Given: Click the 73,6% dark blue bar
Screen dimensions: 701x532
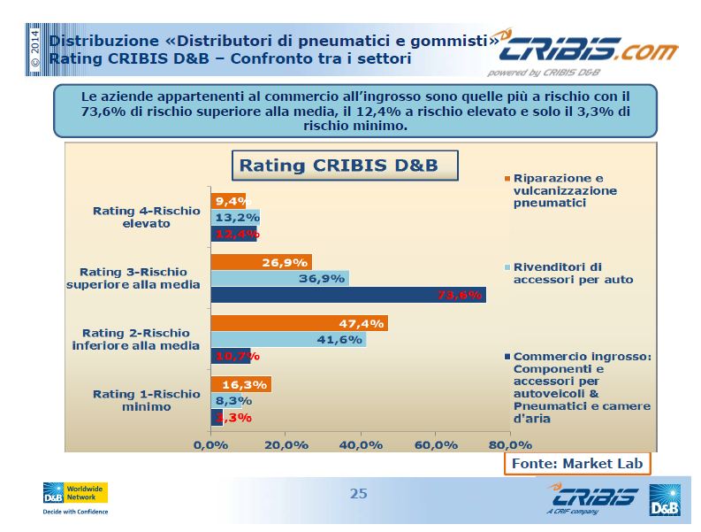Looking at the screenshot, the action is (x=348, y=295).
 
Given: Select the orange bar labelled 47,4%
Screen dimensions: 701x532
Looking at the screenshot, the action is (x=299, y=323).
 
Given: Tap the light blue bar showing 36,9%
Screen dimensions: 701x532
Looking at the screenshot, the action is (x=280, y=279).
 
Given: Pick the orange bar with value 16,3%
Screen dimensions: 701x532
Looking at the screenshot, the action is (x=241, y=384).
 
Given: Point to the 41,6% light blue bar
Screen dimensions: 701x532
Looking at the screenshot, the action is (x=288, y=339).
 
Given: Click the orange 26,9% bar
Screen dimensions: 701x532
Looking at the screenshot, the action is (x=261, y=262).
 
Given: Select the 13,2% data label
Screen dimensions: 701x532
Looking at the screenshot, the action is (x=238, y=218).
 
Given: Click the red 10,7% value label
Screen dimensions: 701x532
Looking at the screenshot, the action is (x=238, y=357).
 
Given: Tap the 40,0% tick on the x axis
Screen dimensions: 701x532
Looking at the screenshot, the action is (x=361, y=445).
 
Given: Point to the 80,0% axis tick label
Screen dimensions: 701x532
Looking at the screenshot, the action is (x=510, y=445).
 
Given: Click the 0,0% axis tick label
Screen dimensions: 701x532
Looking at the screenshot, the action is (x=210, y=445).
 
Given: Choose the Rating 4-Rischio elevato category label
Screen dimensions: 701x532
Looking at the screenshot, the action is (x=147, y=217).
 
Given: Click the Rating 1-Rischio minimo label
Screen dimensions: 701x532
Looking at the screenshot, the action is (x=147, y=400).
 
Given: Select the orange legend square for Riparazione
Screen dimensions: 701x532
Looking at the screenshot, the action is (x=507, y=179).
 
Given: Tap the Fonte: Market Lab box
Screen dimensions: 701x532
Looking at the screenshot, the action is (x=577, y=464).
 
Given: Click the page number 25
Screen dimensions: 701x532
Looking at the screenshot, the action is (x=359, y=493).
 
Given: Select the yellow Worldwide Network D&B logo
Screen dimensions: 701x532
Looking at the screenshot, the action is (x=75, y=493).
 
